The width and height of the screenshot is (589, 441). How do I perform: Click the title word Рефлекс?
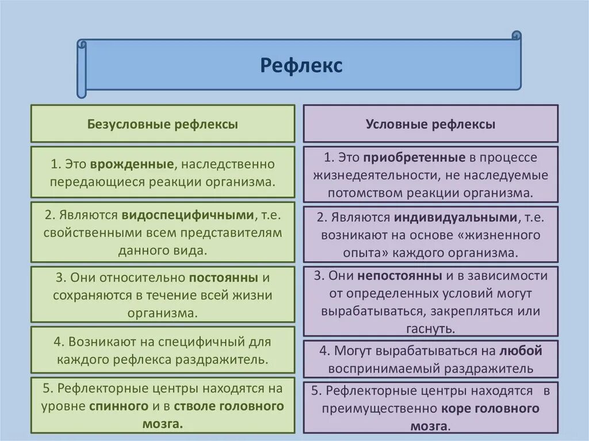tap(301, 66)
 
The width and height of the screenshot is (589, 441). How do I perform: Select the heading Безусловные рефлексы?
tap(162, 124)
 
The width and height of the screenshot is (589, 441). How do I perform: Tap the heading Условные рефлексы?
tap(430, 124)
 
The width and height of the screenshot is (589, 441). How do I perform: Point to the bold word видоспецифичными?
tap(188, 215)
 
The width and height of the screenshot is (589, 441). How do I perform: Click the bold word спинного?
tap(119, 406)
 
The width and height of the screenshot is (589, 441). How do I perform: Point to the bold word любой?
tap(521, 350)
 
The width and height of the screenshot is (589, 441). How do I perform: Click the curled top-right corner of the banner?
tap(516, 36)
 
